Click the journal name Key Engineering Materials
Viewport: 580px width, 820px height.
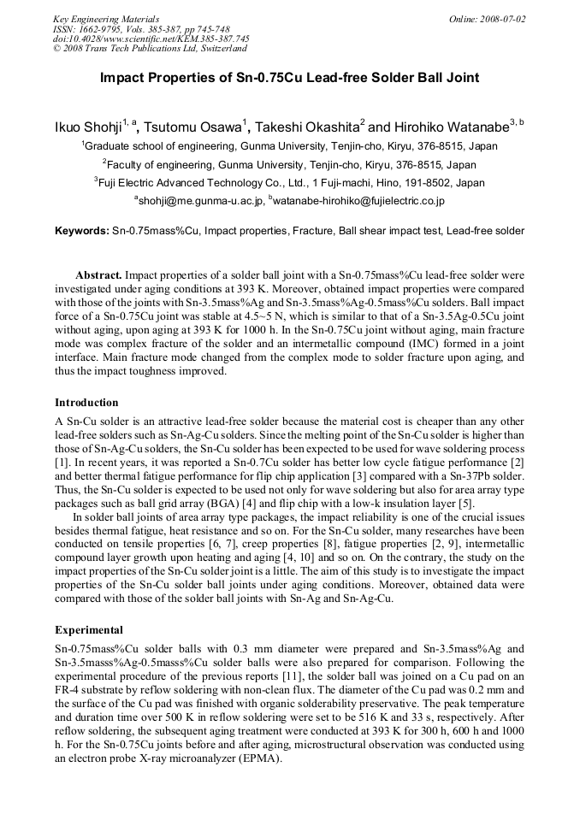(106, 19)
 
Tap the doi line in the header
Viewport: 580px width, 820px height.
(151, 39)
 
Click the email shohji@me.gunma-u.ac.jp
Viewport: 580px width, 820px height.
(199, 201)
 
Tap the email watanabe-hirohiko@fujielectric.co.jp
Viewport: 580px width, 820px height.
(358, 201)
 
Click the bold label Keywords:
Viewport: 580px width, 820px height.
(82, 231)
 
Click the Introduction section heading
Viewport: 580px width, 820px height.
(86, 403)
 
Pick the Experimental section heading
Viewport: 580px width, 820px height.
(89, 630)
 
